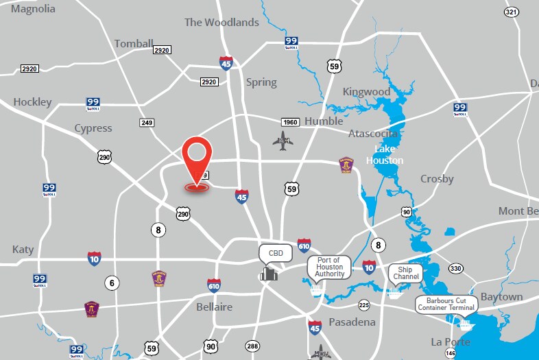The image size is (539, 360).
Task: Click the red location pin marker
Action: pyautogui.click(x=197, y=155)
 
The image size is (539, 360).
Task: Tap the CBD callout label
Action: pyautogui.click(x=276, y=253)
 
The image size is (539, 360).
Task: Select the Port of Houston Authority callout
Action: pyautogui.click(x=329, y=266)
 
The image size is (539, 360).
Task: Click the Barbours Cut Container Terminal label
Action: pyautogui.click(x=447, y=304)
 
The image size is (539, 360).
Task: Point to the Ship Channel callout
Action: pyautogui.click(x=406, y=272)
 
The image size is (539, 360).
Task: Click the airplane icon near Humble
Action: pyautogui.click(x=283, y=142)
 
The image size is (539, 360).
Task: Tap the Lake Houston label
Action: pyautogui.click(x=385, y=154)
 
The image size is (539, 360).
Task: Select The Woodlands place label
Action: pyautogui.click(x=221, y=22)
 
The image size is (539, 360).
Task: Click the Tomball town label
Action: pyautogui.click(x=134, y=43)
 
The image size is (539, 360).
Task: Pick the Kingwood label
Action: pyautogui.click(x=366, y=91)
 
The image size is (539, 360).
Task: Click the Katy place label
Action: pyautogui.click(x=23, y=249)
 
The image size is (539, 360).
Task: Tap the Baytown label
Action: pyautogui.click(x=501, y=297)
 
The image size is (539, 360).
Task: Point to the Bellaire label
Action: pyautogui.click(x=214, y=307)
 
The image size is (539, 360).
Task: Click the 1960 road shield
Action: pyautogui.click(x=291, y=122)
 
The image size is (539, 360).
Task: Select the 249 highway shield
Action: pyautogui.click(x=146, y=123)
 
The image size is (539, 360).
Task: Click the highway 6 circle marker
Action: pyautogui.click(x=112, y=282)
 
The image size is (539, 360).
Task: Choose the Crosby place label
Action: pyautogui.click(x=437, y=178)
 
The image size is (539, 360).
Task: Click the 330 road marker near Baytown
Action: pyautogui.click(x=456, y=268)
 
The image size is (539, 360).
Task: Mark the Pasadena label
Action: pyautogui.click(x=352, y=322)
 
